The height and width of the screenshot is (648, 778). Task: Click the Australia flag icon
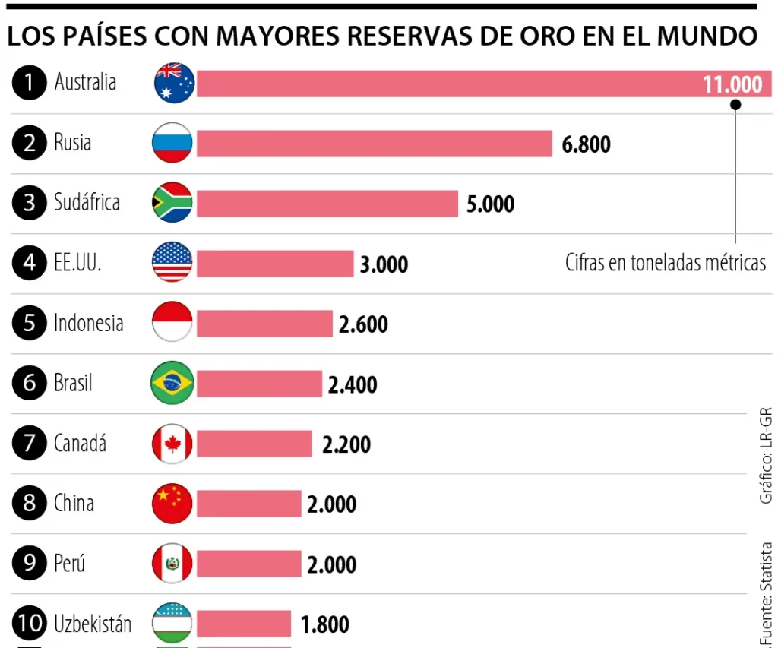[x=174, y=83]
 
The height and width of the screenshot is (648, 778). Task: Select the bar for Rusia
[x=374, y=144]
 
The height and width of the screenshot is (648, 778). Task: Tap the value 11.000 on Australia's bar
[x=732, y=84]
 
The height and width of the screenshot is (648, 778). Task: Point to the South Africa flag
[x=172, y=203]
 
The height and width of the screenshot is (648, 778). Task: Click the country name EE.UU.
[x=77, y=263]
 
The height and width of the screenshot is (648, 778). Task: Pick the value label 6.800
[x=586, y=144]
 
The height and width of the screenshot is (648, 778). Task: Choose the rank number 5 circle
[x=30, y=324]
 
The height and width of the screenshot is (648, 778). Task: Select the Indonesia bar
[x=264, y=324]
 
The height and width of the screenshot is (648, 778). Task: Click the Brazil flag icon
[x=172, y=383]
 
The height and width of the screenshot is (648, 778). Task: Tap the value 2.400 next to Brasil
[x=353, y=384]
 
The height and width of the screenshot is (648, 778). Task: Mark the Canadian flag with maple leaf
[x=172, y=444]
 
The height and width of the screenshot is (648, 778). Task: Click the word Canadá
[x=80, y=443]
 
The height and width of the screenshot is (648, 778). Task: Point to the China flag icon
[x=172, y=504]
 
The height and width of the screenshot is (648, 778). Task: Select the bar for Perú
[x=249, y=564]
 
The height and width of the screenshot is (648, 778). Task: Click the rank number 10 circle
[x=30, y=624]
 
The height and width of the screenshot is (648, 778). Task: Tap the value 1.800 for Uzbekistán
[x=325, y=625]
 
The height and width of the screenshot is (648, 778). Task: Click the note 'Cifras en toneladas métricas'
[x=666, y=263]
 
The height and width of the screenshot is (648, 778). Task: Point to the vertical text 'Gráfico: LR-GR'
[x=766, y=456]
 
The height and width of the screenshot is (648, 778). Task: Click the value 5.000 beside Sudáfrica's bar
[x=490, y=204]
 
